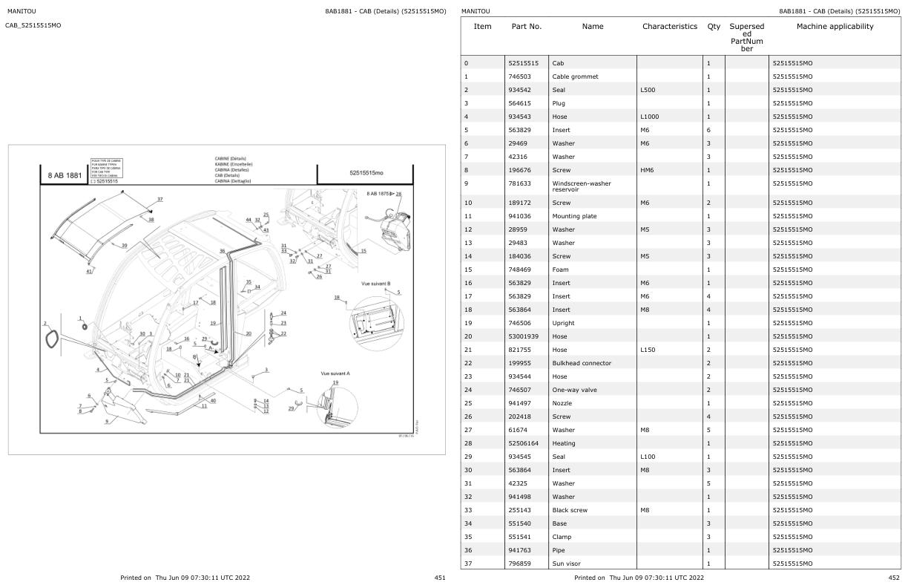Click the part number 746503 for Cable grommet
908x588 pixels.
[x=522, y=76]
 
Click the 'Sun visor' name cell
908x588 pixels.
[x=566, y=563]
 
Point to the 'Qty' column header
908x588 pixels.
[x=714, y=27]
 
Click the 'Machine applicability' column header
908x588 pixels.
[x=835, y=27]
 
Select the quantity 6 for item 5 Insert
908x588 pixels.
[x=709, y=130]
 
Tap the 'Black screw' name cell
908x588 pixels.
[x=570, y=510]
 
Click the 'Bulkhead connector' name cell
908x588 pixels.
[x=582, y=363]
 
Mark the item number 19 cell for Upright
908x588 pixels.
[x=467, y=323]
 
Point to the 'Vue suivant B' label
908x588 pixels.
[x=375, y=284]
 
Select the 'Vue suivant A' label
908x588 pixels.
[x=335, y=373]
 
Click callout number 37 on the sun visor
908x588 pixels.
[x=159, y=199]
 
